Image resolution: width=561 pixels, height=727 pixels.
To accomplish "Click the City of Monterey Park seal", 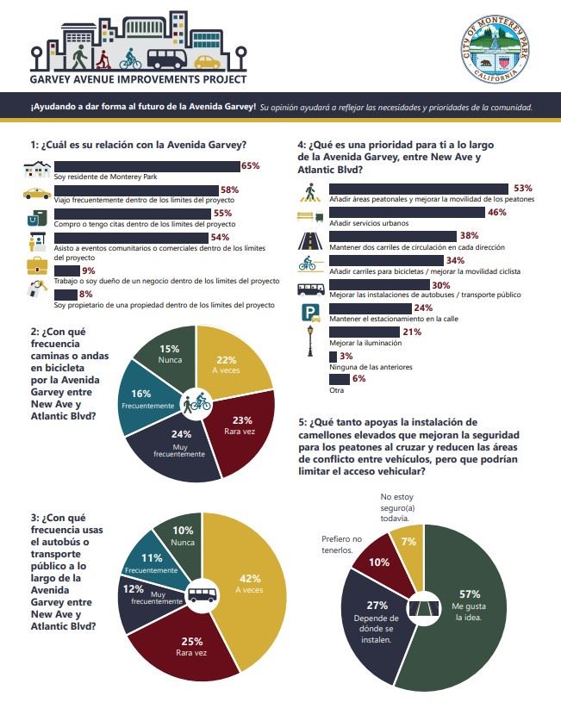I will click(495, 48).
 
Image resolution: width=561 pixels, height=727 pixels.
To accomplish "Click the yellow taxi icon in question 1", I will click(37, 195).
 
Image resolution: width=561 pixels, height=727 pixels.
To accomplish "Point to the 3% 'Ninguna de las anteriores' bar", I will click(333, 357).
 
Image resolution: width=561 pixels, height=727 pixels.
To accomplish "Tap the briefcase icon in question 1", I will click(37, 264).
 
